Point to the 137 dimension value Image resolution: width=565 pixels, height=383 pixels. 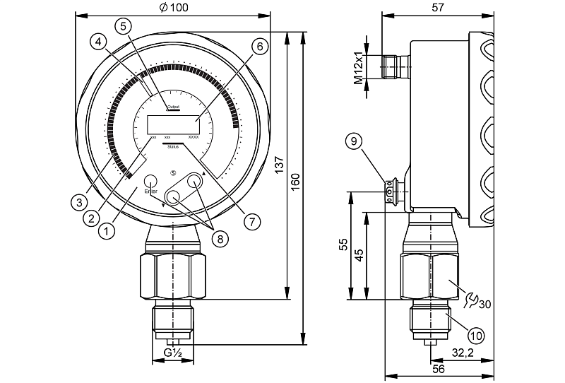280,165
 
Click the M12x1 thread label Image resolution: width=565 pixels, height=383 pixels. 359,68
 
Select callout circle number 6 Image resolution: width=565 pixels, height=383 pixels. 258,47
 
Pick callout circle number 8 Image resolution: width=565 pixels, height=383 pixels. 220,239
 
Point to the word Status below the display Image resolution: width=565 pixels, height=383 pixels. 173,147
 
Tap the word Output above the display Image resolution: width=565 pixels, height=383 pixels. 173,107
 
